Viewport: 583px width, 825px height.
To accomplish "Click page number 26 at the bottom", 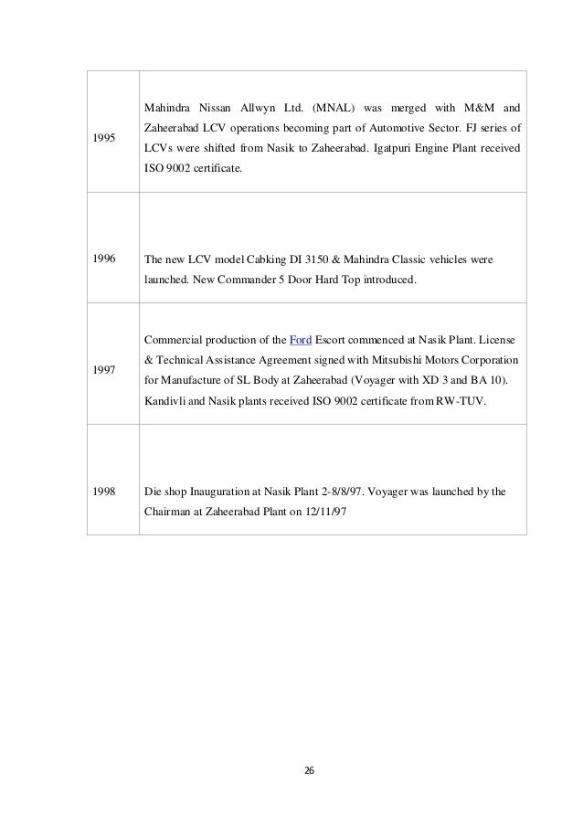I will (x=308, y=770).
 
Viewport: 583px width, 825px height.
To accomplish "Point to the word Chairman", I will (x=171, y=512).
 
